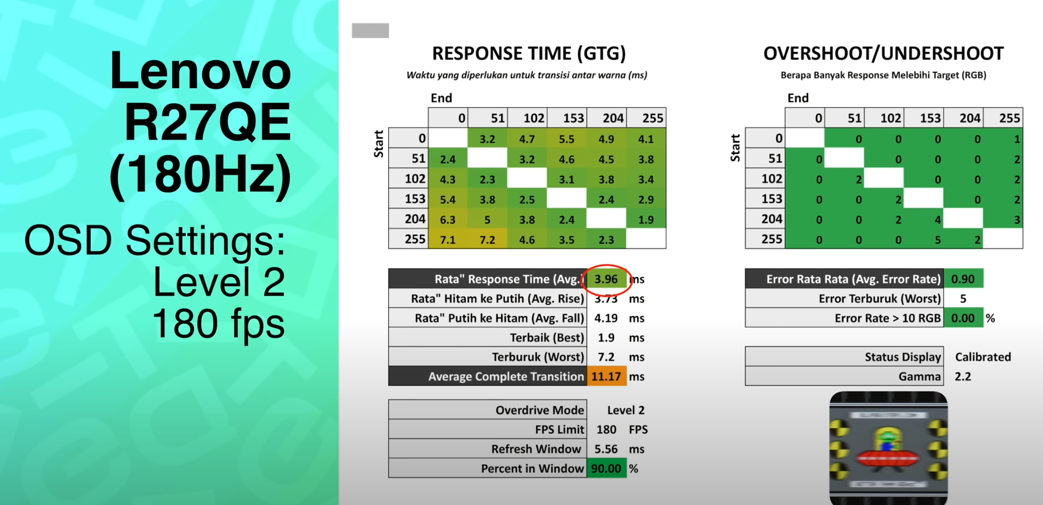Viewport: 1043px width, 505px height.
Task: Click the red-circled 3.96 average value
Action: point(606,279)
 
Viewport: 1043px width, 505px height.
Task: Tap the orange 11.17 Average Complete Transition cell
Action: point(606,377)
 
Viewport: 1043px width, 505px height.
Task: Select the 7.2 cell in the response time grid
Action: point(487,239)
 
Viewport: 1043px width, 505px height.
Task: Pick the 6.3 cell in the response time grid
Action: point(448,219)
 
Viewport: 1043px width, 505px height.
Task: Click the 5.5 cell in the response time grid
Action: point(567,139)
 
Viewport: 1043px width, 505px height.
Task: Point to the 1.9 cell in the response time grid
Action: point(646,219)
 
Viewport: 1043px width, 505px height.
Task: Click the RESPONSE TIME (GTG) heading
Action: point(529,53)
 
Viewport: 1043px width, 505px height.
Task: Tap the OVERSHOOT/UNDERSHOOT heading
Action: point(884,53)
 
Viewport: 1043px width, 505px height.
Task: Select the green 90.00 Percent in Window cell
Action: point(606,469)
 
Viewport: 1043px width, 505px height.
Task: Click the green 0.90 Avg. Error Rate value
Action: point(963,279)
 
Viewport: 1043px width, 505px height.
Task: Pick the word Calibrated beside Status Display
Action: point(983,357)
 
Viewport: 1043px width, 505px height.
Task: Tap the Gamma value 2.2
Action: point(963,377)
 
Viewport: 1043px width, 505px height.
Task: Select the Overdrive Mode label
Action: point(540,410)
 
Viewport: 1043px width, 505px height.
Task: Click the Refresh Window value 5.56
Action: point(606,449)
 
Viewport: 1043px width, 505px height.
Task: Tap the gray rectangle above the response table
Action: point(370,30)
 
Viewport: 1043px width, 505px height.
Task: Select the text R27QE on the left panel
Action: point(207,122)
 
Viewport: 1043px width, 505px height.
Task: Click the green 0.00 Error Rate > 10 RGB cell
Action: point(963,318)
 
